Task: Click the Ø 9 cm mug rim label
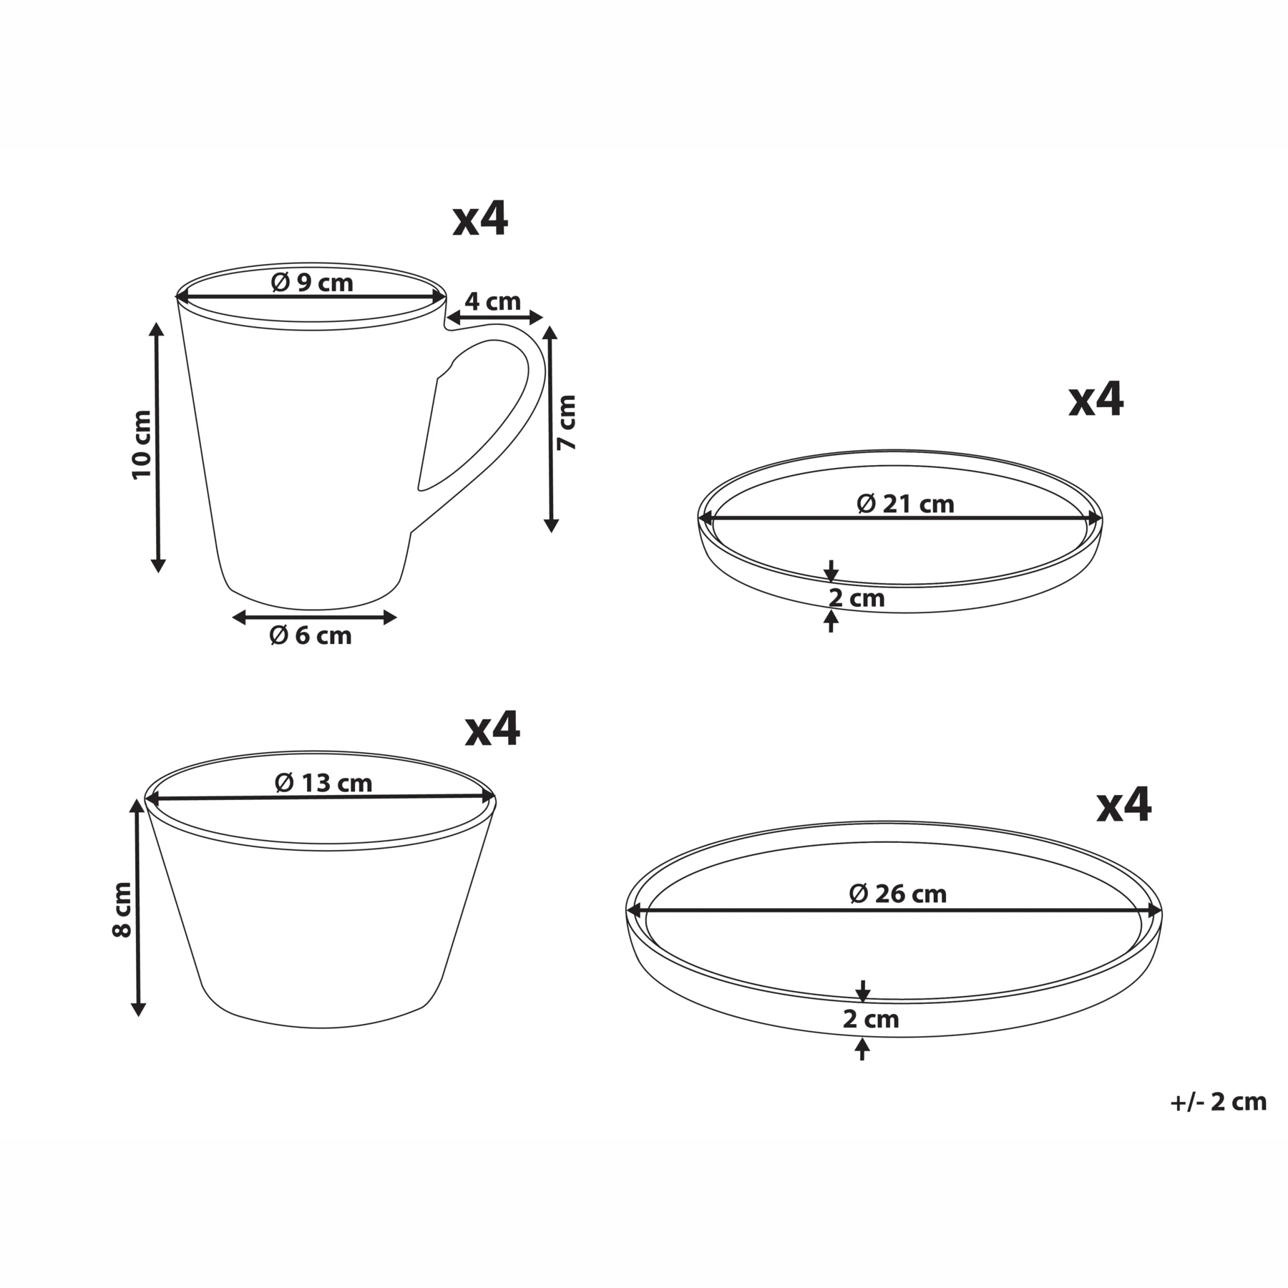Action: coord(312,283)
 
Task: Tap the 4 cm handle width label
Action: coord(493,301)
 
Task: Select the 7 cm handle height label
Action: coord(567,422)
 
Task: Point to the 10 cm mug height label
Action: coord(142,444)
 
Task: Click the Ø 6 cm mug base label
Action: coord(311,635)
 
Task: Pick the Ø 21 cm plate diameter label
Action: coord(905,504)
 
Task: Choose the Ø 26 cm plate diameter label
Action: coord(897,894)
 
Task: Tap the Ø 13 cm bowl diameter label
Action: coord(323,783)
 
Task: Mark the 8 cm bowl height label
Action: coord(122,909)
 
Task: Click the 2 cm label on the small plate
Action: coord(857,598)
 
